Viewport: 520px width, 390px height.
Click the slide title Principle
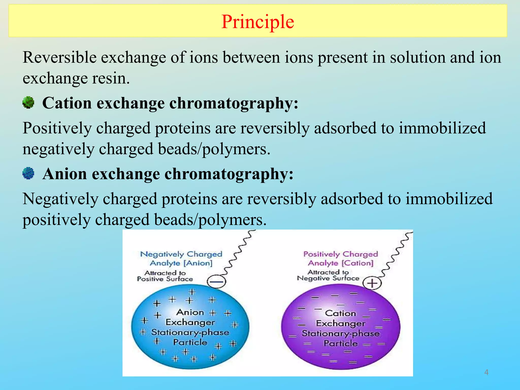[x=257, y=22]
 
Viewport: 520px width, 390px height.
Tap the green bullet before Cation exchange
[x=28, y=103]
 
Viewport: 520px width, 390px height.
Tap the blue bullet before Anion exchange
[x=28, y=173]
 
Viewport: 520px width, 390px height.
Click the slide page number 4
[x=486, y=372]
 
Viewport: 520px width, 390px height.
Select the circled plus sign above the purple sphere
[x=372, y=283]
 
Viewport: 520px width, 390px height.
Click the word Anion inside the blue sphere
[x=190, y=312]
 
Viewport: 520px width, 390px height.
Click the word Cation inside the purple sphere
[x=340, y=313]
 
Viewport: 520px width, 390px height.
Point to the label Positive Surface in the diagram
[x=165, y=279]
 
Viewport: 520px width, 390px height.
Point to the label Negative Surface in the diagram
[x=328, y=278]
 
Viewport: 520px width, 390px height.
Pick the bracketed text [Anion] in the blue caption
[x=198, y=263]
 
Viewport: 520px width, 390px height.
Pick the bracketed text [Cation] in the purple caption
[x=357, y=263]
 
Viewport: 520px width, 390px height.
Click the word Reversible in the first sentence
[x=59, y=57]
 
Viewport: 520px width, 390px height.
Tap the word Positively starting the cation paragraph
[x=57, y=128]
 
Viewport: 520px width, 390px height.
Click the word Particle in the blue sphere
[x=190, y=342]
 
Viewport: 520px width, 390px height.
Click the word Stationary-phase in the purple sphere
[x=340, y=333]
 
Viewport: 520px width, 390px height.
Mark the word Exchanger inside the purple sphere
[x=340, y=323]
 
